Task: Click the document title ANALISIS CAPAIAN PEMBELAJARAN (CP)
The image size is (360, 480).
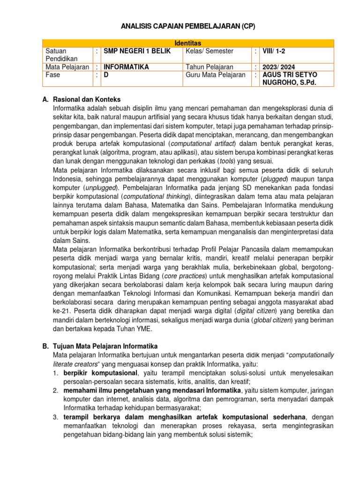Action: (x=180, y=26)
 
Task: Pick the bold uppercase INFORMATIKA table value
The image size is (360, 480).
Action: (x=126, y=67)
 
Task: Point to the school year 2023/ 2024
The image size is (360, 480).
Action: (x=279, y=67)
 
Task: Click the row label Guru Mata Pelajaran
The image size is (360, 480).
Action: (x=215, y=75)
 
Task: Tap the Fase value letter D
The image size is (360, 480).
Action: (x=106, y=75)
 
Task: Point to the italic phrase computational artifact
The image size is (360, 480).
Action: (x=200, y=143)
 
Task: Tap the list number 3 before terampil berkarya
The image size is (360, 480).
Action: (x=55, y=417)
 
